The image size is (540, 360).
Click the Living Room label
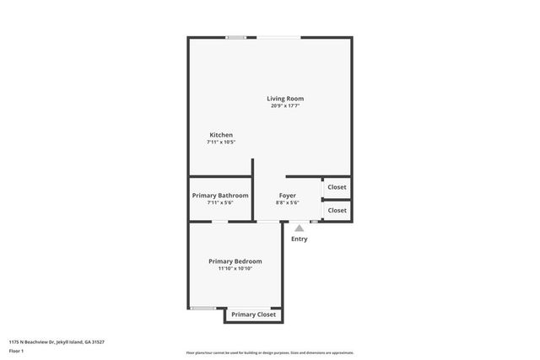(x=287, y=99)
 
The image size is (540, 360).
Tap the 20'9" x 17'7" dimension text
(x=287, y=106)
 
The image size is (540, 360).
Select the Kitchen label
(x=221, y=135)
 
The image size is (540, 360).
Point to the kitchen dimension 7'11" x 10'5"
(x=221, y=142)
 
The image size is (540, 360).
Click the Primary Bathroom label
(x=220, y=196)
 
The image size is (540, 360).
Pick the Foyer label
(x=288, y=196)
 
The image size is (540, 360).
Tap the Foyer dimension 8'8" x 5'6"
(x=288, y=203)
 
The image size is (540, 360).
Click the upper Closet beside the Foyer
(x=337, y=187)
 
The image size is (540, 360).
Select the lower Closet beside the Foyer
(x=337, y=210)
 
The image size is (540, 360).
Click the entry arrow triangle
(x=299, y=227)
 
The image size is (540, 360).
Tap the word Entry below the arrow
(x=299, y=239)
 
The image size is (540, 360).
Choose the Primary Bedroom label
(x=235, y=261)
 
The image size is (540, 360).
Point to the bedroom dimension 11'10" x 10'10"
(x=235, y=269)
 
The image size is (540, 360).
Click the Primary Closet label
(x=254, y=314)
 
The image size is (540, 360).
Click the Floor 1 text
(x=17, y=351)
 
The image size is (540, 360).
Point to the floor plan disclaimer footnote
(x=269, y=352)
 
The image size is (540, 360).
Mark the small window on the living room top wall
(x=236, y=37)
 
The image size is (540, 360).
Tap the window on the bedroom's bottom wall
(x=202, y=308)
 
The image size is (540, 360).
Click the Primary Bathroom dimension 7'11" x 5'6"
(x=220, y=203)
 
